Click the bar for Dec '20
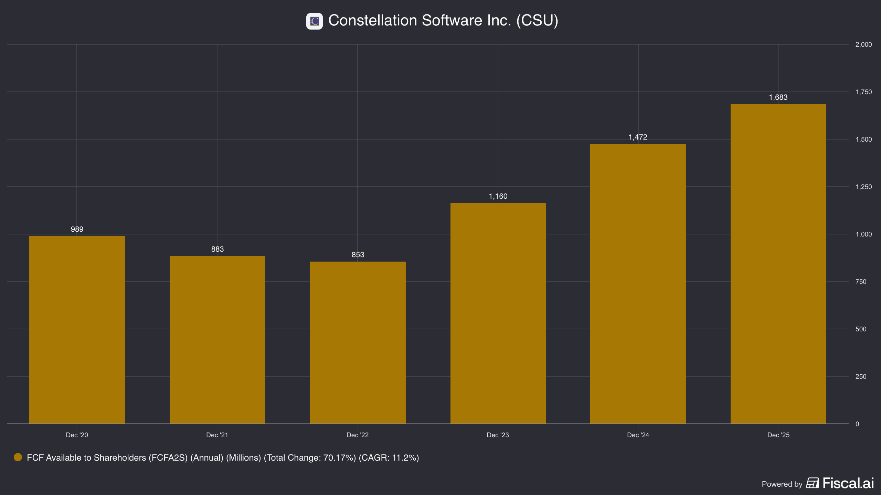coord(77,330)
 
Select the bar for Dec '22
coord(358,343)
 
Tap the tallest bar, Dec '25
coord(778,264)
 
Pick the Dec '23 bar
coord(498,313)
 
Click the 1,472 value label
coord(638,137)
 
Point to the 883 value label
coord(217,249)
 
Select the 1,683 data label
coord(778,97)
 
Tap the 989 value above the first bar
coord(77,229)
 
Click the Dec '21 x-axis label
coord(217,435)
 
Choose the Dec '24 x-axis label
coord(638,435)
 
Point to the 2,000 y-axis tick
coord(864,45)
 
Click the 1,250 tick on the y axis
coord(864,187)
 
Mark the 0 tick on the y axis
coord(857,424)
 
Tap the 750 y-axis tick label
coord(861,282)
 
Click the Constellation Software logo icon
coord(315,21)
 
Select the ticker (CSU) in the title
coord(537,20)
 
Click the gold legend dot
coord(18,457)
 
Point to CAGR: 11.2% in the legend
coord(389,458)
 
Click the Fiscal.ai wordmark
coord(848,483)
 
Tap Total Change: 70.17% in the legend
coord(310,458)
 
